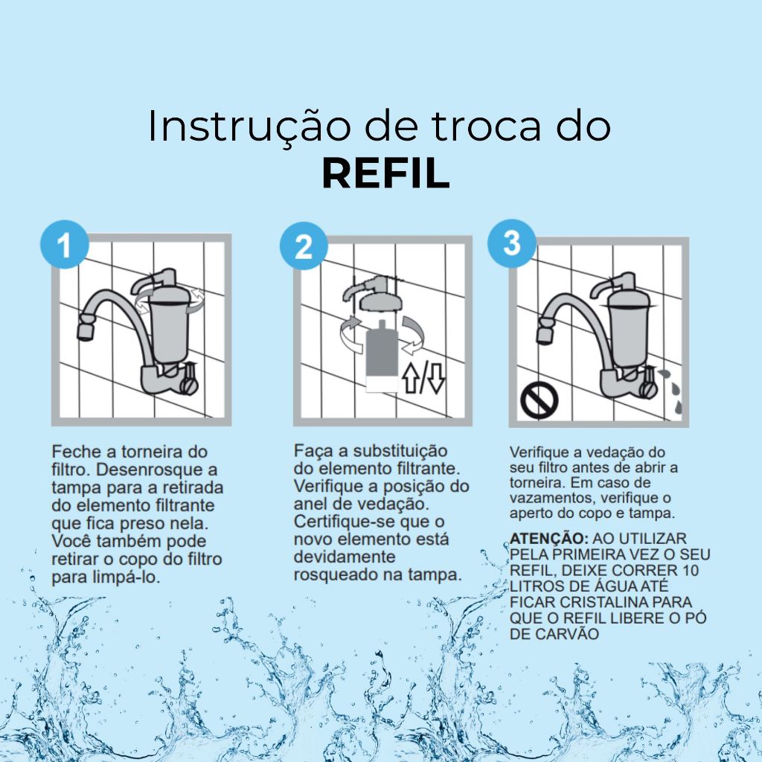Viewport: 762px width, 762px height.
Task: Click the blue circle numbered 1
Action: (65, 244)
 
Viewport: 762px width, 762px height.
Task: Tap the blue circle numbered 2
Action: (304, 246)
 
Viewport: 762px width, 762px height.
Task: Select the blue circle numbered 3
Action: (512, 243)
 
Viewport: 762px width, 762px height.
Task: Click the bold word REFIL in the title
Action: (386, 173)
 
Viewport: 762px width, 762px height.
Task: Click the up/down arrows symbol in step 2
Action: (423, 377)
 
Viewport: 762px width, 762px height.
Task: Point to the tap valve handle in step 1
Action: (190, 379)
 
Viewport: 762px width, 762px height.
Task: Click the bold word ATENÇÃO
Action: (549, 539)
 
